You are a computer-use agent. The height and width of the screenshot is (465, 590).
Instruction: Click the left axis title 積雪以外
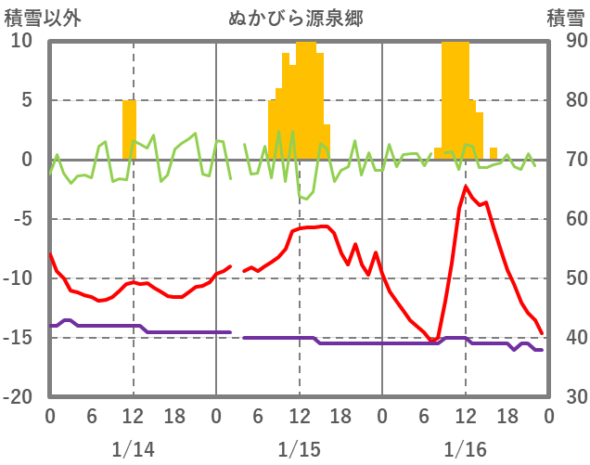click(x=37, y=18)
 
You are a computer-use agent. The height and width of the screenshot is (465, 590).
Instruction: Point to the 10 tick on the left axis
click(x=21, y=41)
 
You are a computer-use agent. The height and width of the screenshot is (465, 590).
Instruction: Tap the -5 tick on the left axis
click(x=21, y=219)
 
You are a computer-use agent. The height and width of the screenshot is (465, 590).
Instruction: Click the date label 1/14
click(x=133, y=449)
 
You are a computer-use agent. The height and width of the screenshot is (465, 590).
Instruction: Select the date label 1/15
click(x=299, y=449)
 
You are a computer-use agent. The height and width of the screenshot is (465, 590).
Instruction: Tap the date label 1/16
click(x=465, y=449)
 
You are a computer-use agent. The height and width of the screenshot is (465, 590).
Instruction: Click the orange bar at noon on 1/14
click(x=130, y=129)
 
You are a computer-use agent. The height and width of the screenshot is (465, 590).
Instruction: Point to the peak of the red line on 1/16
click(x=466, y=187)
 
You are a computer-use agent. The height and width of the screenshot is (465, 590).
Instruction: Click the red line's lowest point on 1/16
click(x=435, y=340)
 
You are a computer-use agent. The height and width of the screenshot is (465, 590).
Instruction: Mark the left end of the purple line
click(x=50, y=326)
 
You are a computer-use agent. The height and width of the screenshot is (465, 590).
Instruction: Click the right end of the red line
click(x=542, y=334)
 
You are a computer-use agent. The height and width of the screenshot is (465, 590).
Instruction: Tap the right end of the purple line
click(x=542, y=350)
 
